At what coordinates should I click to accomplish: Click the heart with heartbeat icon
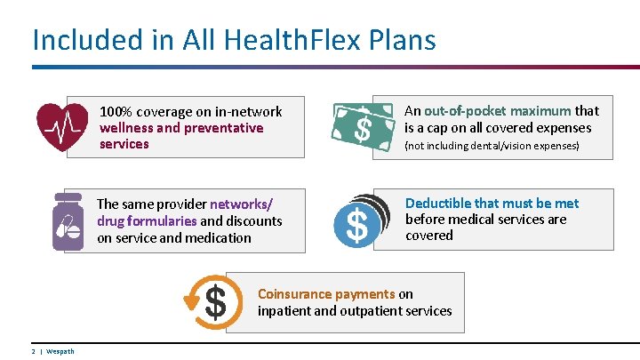[x=62, y=127]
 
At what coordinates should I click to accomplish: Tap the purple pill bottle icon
[x=68, y=221]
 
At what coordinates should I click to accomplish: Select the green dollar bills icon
[x=363, y=126]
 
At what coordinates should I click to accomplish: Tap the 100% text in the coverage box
[x=116, y=112]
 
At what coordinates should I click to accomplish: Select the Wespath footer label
[x=60, y=351]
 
